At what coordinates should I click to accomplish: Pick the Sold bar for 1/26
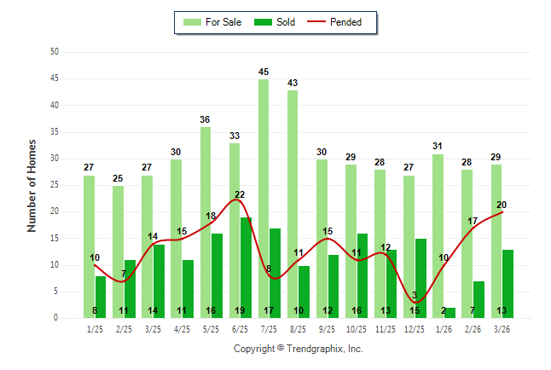pyautogui.click(x=449, y=313)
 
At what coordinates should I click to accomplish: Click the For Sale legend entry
pyautogui.click(x=213, y=22)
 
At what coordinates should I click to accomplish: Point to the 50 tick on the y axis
pyautogui.click(x=54, y=52)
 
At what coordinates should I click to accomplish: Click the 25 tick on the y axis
pyautogui.click(x=54, y=185)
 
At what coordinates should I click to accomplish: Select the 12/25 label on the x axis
pyautogui.click(x=415, y=328)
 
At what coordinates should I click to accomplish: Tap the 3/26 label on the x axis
pyautogui.click(x=502, y=328)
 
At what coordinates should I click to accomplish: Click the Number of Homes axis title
pyautogui.click(x=32, y=185)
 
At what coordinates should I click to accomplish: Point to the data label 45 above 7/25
pyautogui.click(x=264, y=72)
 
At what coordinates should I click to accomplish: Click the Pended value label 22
pyautogui.click(x=240, y=195)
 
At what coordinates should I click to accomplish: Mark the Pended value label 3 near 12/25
pyautogui.click(x=415, y=296)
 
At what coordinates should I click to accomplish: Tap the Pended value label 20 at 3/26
pyautogui.click(x=502, y=205)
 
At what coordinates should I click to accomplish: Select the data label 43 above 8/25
pyautogui.click(x=293, y=83)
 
